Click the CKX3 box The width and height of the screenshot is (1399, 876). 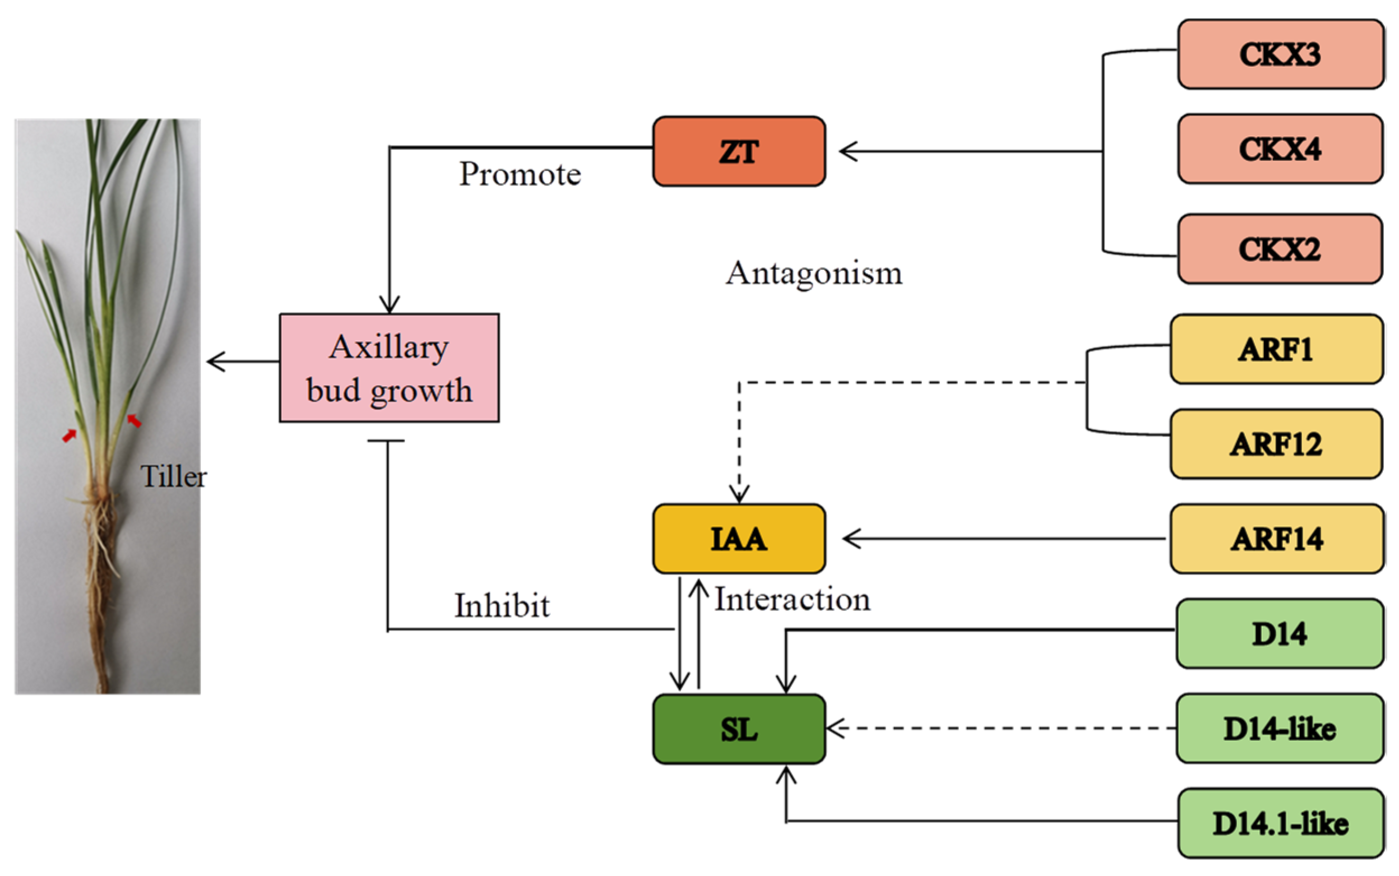[x=1280, y=54]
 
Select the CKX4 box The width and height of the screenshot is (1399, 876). [x=1280, y=149]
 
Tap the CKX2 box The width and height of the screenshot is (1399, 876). [x=1280, y=249]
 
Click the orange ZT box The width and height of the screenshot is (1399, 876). [x=739, y=152]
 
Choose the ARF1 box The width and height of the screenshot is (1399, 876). [x=1276, y=349]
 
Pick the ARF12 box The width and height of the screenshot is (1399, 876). [x=1276, y=444]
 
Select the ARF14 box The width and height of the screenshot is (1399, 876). [x=1276, y=539]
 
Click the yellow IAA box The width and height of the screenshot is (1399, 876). [x=739, y=539]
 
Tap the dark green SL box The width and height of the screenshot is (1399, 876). [x=739, y=729]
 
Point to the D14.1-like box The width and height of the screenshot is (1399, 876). [x=1280, y=823]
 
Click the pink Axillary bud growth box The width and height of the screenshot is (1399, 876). [x=389, y=368]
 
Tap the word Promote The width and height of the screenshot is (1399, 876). [x=520, y=174]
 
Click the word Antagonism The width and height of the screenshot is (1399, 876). [x=814, y=273]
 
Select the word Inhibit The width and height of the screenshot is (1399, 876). [x=502, y=606]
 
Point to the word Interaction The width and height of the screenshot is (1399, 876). [x=792, y=600]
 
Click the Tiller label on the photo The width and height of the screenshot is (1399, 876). [x=173, y=477]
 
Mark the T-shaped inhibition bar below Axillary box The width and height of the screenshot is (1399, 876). [x=386, y=441]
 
